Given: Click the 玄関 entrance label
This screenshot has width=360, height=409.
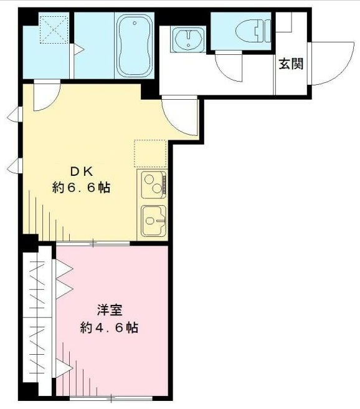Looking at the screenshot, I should (291, 64).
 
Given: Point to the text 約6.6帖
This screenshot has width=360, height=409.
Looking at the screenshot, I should (81, 188).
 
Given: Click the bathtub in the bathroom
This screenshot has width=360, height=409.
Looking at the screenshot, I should (134, 46).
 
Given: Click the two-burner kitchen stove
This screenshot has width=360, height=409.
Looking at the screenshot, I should (153, 185).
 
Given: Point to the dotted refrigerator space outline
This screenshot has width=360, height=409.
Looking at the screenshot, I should (150, 153).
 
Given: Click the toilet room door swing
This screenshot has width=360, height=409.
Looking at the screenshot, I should (229, 65).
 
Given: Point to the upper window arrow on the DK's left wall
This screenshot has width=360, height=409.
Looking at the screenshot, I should (12, 115).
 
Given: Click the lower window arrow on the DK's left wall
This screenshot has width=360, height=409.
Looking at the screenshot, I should (12, 166).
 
